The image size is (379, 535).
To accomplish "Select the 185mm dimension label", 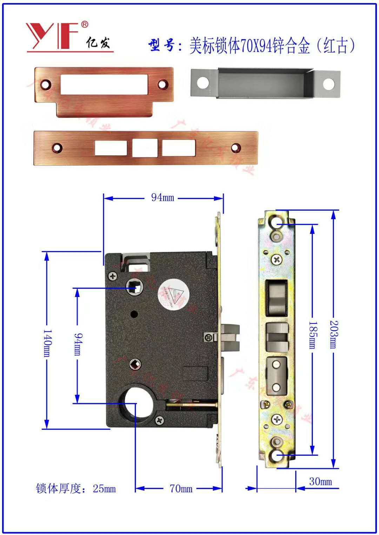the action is (312, 335).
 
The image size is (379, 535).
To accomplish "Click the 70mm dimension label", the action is (181, 488).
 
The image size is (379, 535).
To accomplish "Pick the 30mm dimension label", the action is (320, 481).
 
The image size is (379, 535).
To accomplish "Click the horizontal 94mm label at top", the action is (162, 197).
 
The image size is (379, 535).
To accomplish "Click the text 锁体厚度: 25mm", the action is (76, 488).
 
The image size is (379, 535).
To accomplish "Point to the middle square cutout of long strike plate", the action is (145, 148).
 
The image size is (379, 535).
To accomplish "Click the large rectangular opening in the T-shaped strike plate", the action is (104, 84).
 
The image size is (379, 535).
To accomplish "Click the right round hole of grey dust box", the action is (328, 84).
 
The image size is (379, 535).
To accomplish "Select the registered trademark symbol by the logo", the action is (85, 25).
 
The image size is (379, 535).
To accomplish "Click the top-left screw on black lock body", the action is (113, 276).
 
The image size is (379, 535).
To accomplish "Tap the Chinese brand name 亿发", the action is (98, 43).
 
